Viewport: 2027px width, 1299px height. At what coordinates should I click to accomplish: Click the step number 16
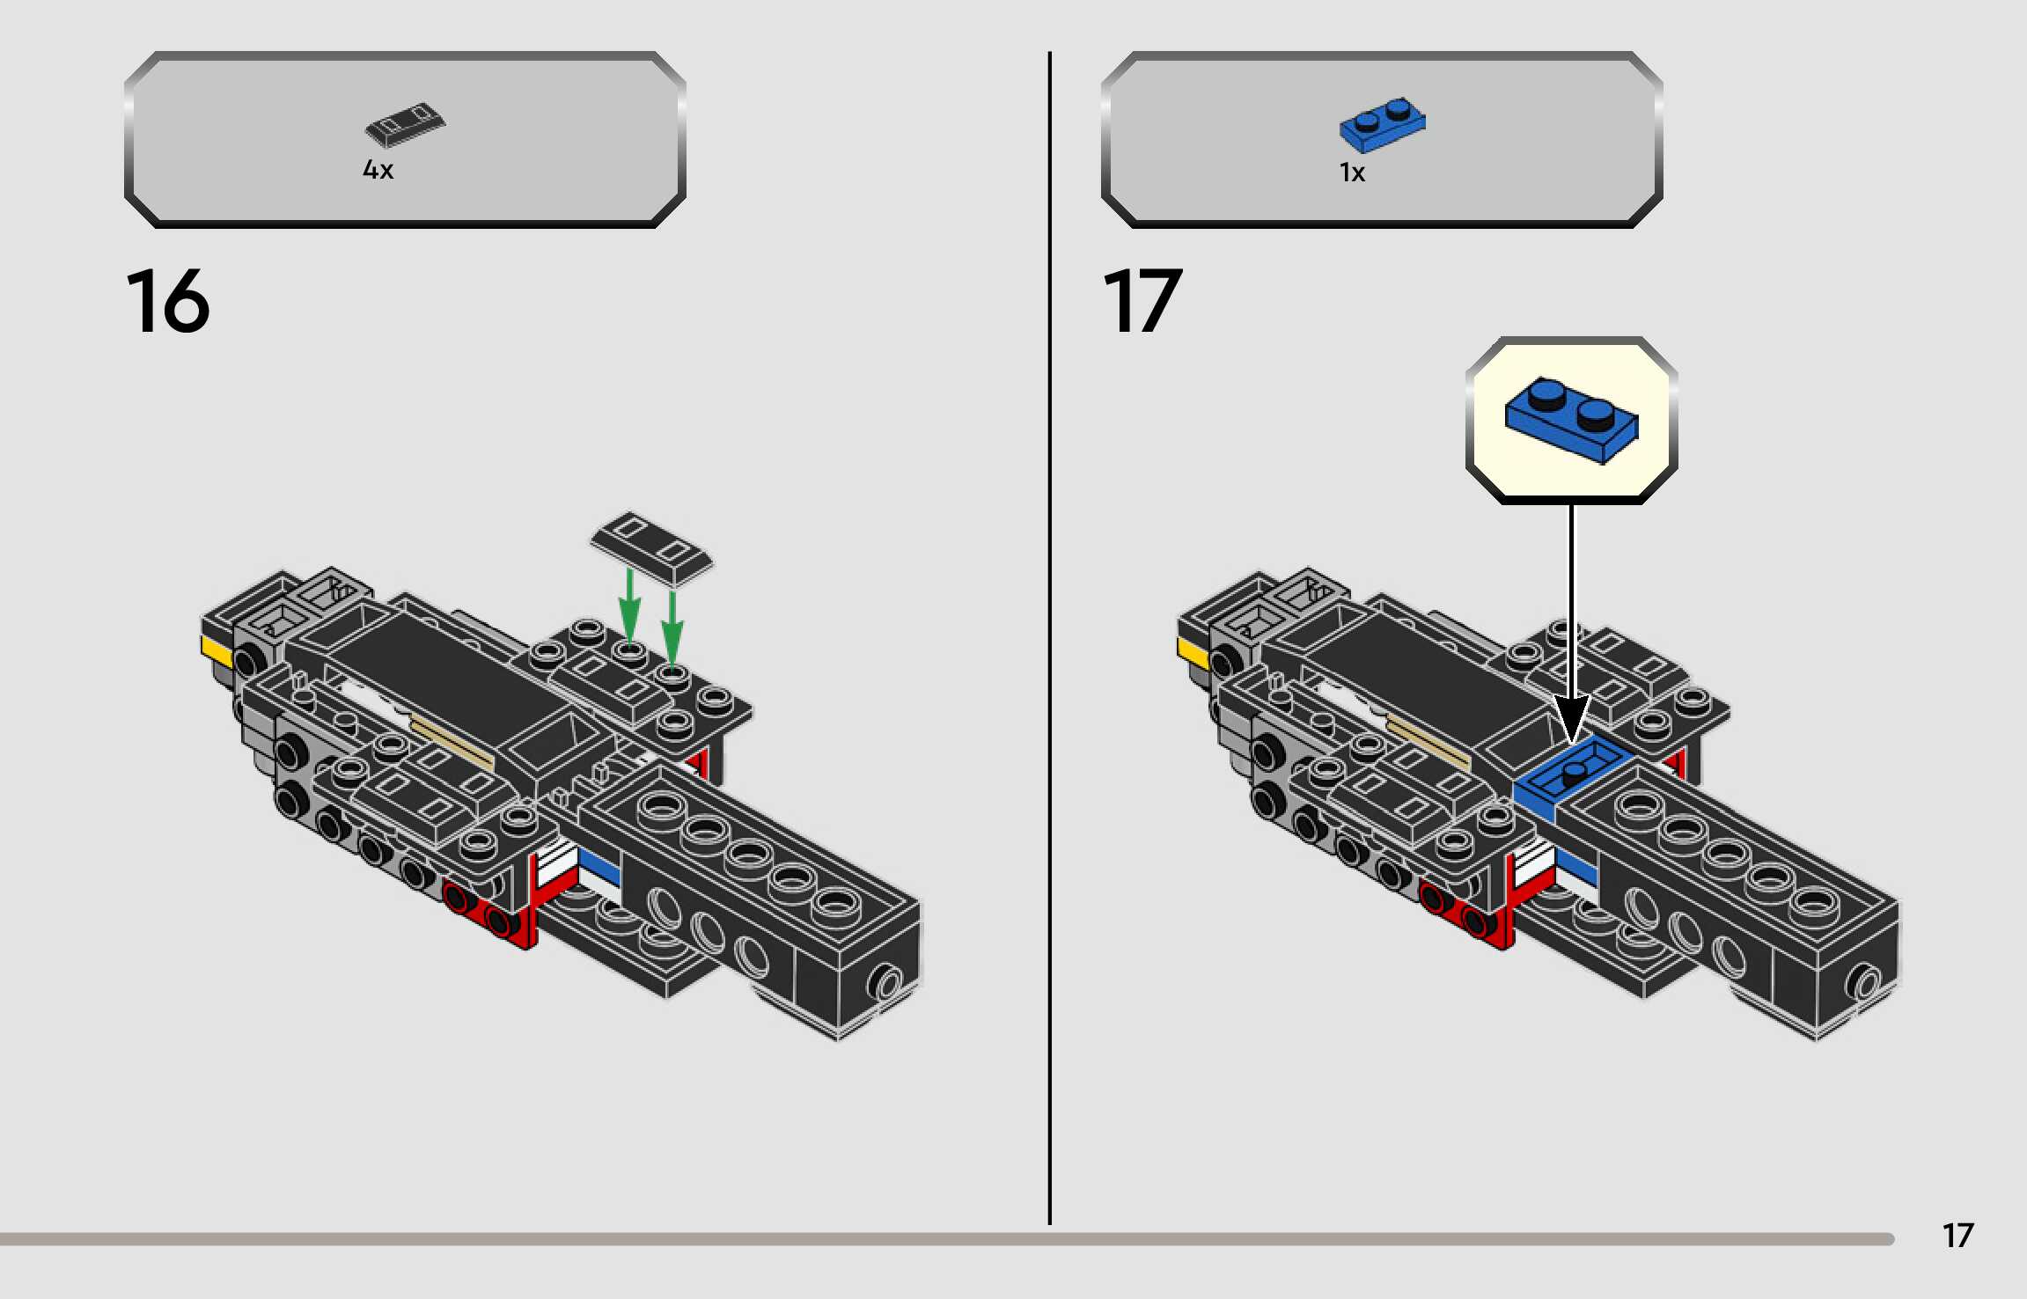coord(167,301)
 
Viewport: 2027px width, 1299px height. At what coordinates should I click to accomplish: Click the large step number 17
coord(1142,301)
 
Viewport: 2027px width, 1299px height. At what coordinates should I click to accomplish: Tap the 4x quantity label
coord(378,169)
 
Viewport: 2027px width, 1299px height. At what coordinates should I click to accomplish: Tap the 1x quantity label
coord(1352,172)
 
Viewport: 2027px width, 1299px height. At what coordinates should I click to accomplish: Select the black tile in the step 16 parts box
coord(405,124)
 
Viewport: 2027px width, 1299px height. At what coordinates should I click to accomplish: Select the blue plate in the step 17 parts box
coord(1382,125)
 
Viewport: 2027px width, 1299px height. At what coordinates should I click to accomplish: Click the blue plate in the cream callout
coord(1571,420)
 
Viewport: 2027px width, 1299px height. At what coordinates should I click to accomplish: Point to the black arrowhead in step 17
coord(1571,717)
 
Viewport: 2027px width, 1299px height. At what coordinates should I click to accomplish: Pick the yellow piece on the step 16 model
coord(217,652)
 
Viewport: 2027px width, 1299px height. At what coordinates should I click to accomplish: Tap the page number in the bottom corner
coord(1957,1236)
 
